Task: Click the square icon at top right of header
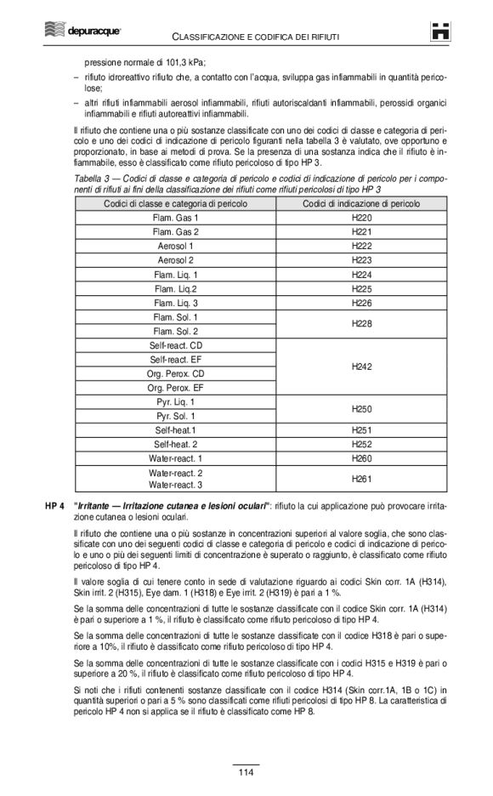pyautogui.click(x=439, y=31)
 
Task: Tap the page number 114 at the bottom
pyautogui.click(x=246, y=772)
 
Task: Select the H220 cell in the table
pyautogui.click(x=361, y=218)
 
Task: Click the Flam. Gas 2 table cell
pyautogui.click(x=176, y=232)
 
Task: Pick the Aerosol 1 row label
pyautogui.click(x=176, y=246)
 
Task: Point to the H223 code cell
pyautogui.click(x=361, y=260)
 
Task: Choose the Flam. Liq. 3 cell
pyautogui.click(x=176, y=303)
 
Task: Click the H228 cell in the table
pyautogui.click(x=361, y=324)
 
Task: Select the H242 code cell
pyautogui.click(x=361, y=367)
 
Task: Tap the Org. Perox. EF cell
pyautogui.click(x=176, y=388)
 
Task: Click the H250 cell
pyautogui.click(x=361, y=409)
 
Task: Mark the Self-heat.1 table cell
pyautogui.click(x=176, y=430)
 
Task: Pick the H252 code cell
pyautogui.click(x=361, y=444)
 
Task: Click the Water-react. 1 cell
pyautogui.click(x=176, y=458)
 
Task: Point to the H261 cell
pyautogui.click(x=361, y=479)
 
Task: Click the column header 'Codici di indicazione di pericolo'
pyautogui.click(x=361, y=204)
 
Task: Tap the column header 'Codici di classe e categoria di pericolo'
pyautogui.click(x=176, y=204)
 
